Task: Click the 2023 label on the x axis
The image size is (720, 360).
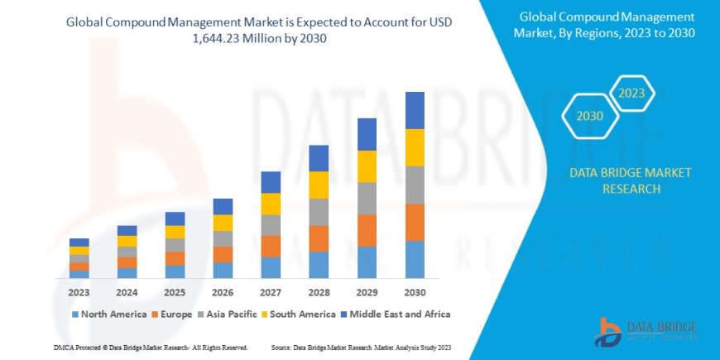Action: click(x=79, y=291)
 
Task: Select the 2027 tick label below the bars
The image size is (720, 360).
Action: click(x=271, y=291)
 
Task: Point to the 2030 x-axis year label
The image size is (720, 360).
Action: click(x=415, y=291)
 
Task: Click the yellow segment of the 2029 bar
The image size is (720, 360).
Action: click(x=367, y=166)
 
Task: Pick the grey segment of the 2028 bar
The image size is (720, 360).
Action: click(x=319, y=212)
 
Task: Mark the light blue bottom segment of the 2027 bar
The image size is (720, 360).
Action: click(x=271, y=267)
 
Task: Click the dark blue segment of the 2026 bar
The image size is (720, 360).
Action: click(x=223, y=206)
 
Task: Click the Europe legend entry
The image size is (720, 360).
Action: click(x=173, y=314)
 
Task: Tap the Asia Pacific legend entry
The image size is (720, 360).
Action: click(x=227, y=314)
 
